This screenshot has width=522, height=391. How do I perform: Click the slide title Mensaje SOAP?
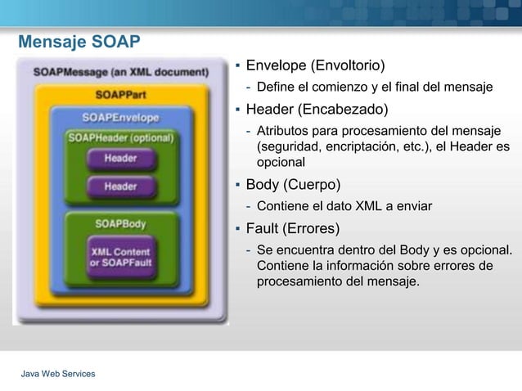coord(79,42)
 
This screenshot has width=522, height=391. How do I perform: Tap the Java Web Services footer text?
coord(58,374)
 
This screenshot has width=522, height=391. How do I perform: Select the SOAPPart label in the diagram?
coord(121,95)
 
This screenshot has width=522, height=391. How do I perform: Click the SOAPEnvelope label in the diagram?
coord(120,117)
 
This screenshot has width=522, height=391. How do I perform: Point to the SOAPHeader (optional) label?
coord(120,137)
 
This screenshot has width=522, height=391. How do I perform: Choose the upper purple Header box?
coord(120,158)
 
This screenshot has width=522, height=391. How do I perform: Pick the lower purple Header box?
coord(120,187)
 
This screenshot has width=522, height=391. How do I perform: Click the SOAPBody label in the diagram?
coord(120,222)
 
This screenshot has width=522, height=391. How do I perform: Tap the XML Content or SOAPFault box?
coord(120,257)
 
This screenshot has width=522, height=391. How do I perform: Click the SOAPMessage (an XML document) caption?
coord(120,72)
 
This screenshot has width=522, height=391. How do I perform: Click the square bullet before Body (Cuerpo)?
coord(236,185)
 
